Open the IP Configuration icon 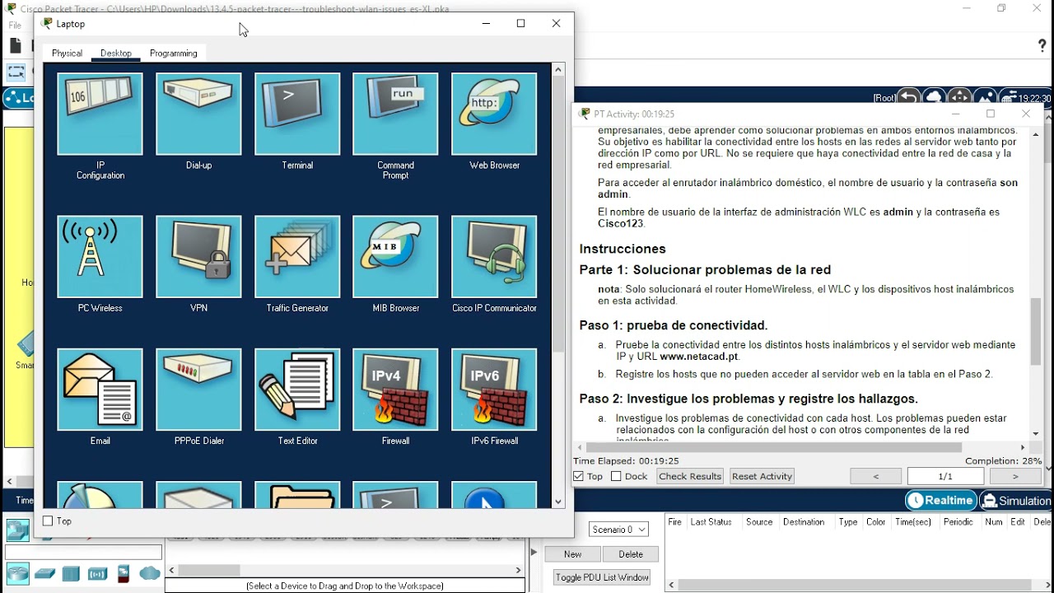pos(100,114)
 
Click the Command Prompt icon pos(395,114)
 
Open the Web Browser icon pos(494,114)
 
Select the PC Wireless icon pos(100,257)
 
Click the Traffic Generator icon pos(297,257)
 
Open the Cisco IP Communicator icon pos(494,257)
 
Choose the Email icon pos(100,390)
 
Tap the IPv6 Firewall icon pos(494,390)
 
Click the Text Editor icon pos(297,390)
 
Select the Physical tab pos(67,54)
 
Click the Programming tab pos(173,54)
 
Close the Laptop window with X pos(556,24)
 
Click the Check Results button pos(690,476)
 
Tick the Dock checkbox pos(617,477)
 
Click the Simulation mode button pos(1016,501)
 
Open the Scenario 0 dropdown pos(618,530)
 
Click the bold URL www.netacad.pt pos(699,357)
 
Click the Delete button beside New pos(631,554)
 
